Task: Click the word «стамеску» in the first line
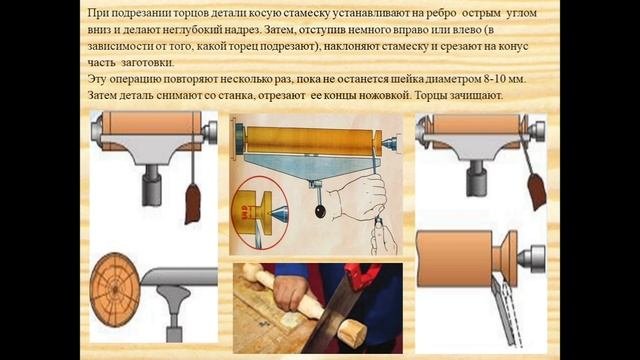(305, 13)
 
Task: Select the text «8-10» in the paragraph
(495, 79)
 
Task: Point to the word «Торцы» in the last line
(431, 96)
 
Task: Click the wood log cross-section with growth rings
(115, 289)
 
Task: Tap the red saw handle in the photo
(362, 274)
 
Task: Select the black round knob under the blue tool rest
(320, 211)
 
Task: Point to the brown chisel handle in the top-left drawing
(192, 203)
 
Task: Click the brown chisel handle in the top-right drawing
(536, 191)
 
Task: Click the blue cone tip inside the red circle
(275, 213)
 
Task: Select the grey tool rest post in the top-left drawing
(151, 185)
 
